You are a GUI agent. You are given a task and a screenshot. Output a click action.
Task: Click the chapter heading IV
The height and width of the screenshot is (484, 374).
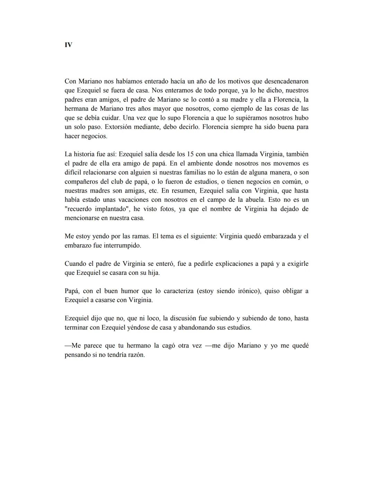tap(68, 45)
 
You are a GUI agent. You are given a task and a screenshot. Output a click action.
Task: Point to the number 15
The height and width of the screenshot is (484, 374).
tap(190, 154)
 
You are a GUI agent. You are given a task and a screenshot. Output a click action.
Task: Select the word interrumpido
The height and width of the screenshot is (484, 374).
tap(123, 245)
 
